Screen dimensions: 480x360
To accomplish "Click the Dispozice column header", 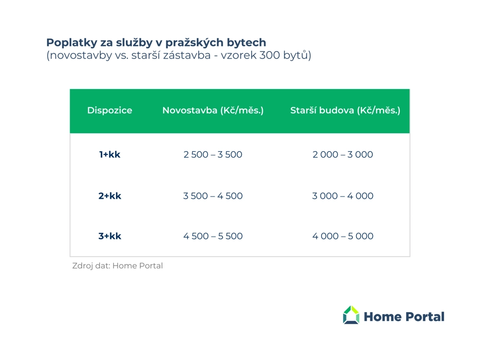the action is pos(110,110).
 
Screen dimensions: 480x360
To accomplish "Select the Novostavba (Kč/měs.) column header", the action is pos(213,110).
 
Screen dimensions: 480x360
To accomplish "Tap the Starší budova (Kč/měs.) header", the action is pos(345,110).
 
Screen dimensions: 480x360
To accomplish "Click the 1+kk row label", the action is pos(110,154).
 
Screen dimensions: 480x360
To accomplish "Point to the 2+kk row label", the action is pos(110,196).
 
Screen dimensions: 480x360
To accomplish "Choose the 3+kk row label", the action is pos(110,236).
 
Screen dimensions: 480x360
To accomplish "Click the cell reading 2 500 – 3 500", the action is pos(213,154).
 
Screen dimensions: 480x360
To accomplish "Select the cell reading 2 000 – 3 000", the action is pos(342,154).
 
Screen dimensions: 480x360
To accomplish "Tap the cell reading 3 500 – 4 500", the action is pos(213,196).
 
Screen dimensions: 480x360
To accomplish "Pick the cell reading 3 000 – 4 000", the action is pos(342,196).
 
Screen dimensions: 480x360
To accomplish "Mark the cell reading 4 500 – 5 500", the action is pos(213,236).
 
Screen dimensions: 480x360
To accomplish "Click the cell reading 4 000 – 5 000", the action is pos(342,236).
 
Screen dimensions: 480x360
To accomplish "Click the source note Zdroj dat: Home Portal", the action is pos(118,266).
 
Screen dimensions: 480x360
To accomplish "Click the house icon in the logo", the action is pos(351,315).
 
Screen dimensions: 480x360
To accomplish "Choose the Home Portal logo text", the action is pos(404,317).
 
